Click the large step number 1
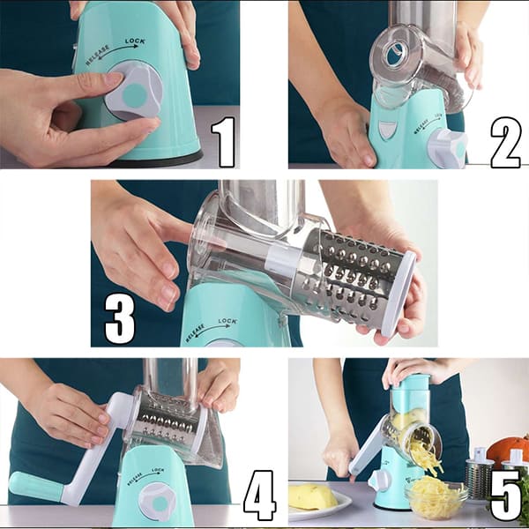[x=224, y=142]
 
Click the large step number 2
[x=505, y=142]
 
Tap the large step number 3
[x=120, y=320]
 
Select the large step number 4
[x=260, y=495]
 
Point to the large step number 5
[x=505, y=495]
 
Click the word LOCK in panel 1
[x=135, y=41]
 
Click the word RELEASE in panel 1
[x=97, y=55]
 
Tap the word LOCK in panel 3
[x=227, y=321]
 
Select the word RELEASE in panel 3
[x=195, y=332]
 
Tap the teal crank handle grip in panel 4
[x=36, y=487]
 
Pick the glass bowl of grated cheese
[x=436, y=495]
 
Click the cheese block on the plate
[x=313, y=496]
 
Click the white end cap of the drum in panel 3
[x=399, y=294]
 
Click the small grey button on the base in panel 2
[x=385, y=129]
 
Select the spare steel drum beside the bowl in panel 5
[x=480, y=475]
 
